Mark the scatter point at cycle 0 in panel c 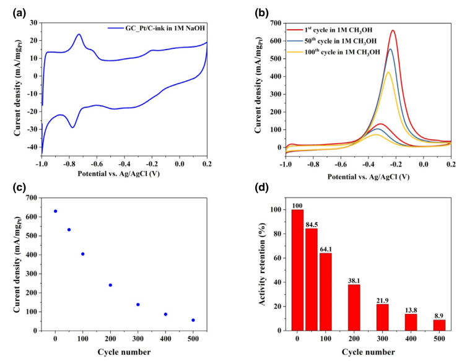[x=55, y=211]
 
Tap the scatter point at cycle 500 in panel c [x=193, y=320]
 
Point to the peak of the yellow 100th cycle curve [x=388, y=72]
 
